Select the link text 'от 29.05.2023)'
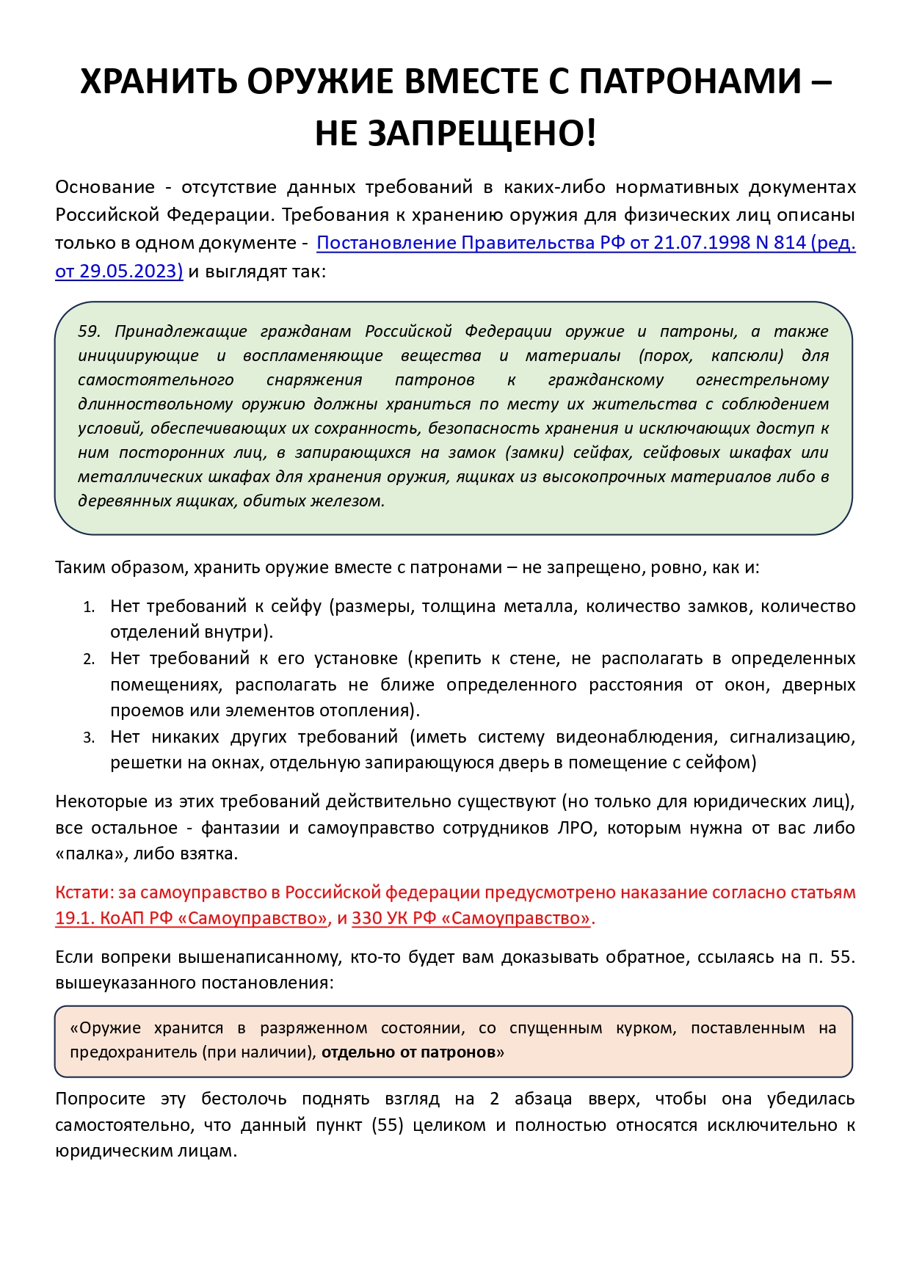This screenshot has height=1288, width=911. click(119, 271)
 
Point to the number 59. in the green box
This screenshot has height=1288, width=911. click(90, 332)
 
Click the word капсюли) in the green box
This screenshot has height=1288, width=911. click(747, 356)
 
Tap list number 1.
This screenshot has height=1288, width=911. click(89, 608)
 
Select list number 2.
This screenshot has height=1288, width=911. click(89, 660)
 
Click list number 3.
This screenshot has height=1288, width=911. click(89, 738)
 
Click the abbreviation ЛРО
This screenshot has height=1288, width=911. click(578, 828)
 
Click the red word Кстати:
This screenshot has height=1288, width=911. click(84, 893)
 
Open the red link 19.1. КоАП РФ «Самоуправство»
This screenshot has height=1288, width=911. click(192, 919)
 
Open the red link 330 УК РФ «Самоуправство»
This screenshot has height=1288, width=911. click(471, 919)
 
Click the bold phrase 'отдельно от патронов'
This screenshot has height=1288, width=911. click(408, 1052)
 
